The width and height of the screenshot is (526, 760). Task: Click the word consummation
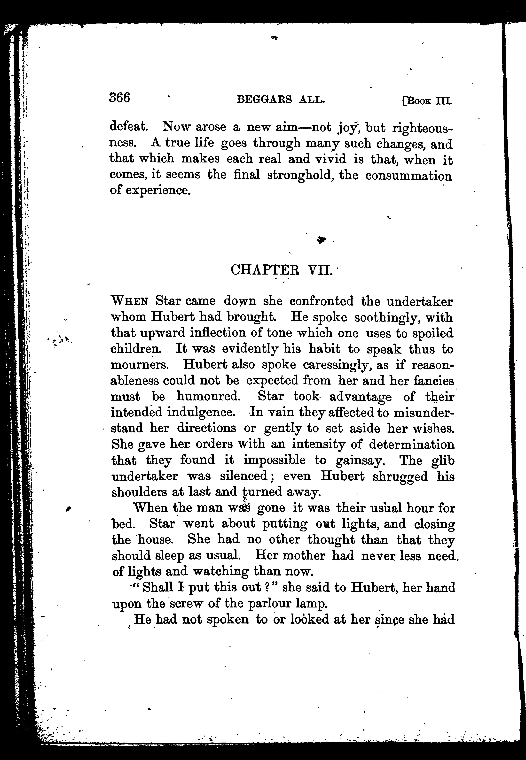[409, 176]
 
